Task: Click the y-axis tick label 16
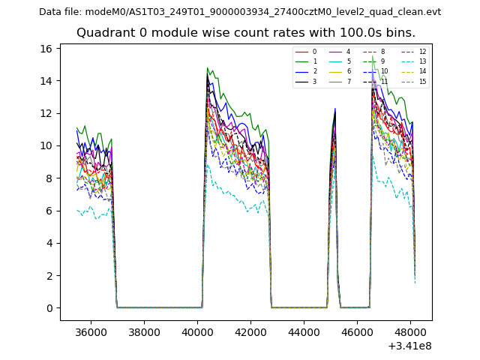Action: pyautogui.click(x=46, y=49)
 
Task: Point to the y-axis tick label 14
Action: pyautogui.click(x=46, y=81)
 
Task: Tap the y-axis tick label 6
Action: pyautogui.click(x=49, y=211)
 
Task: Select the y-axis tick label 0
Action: pyautogui.click(x=49, y=308)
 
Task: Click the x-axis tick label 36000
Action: pyautogui.click(x=91, y=331)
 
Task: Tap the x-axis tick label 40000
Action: pyautogui.click(x=197, y=331)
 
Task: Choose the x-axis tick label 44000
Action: pyautogui.click(x=304, y=331)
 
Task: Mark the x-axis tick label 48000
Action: pyautogui.click(x=410, y=331)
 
